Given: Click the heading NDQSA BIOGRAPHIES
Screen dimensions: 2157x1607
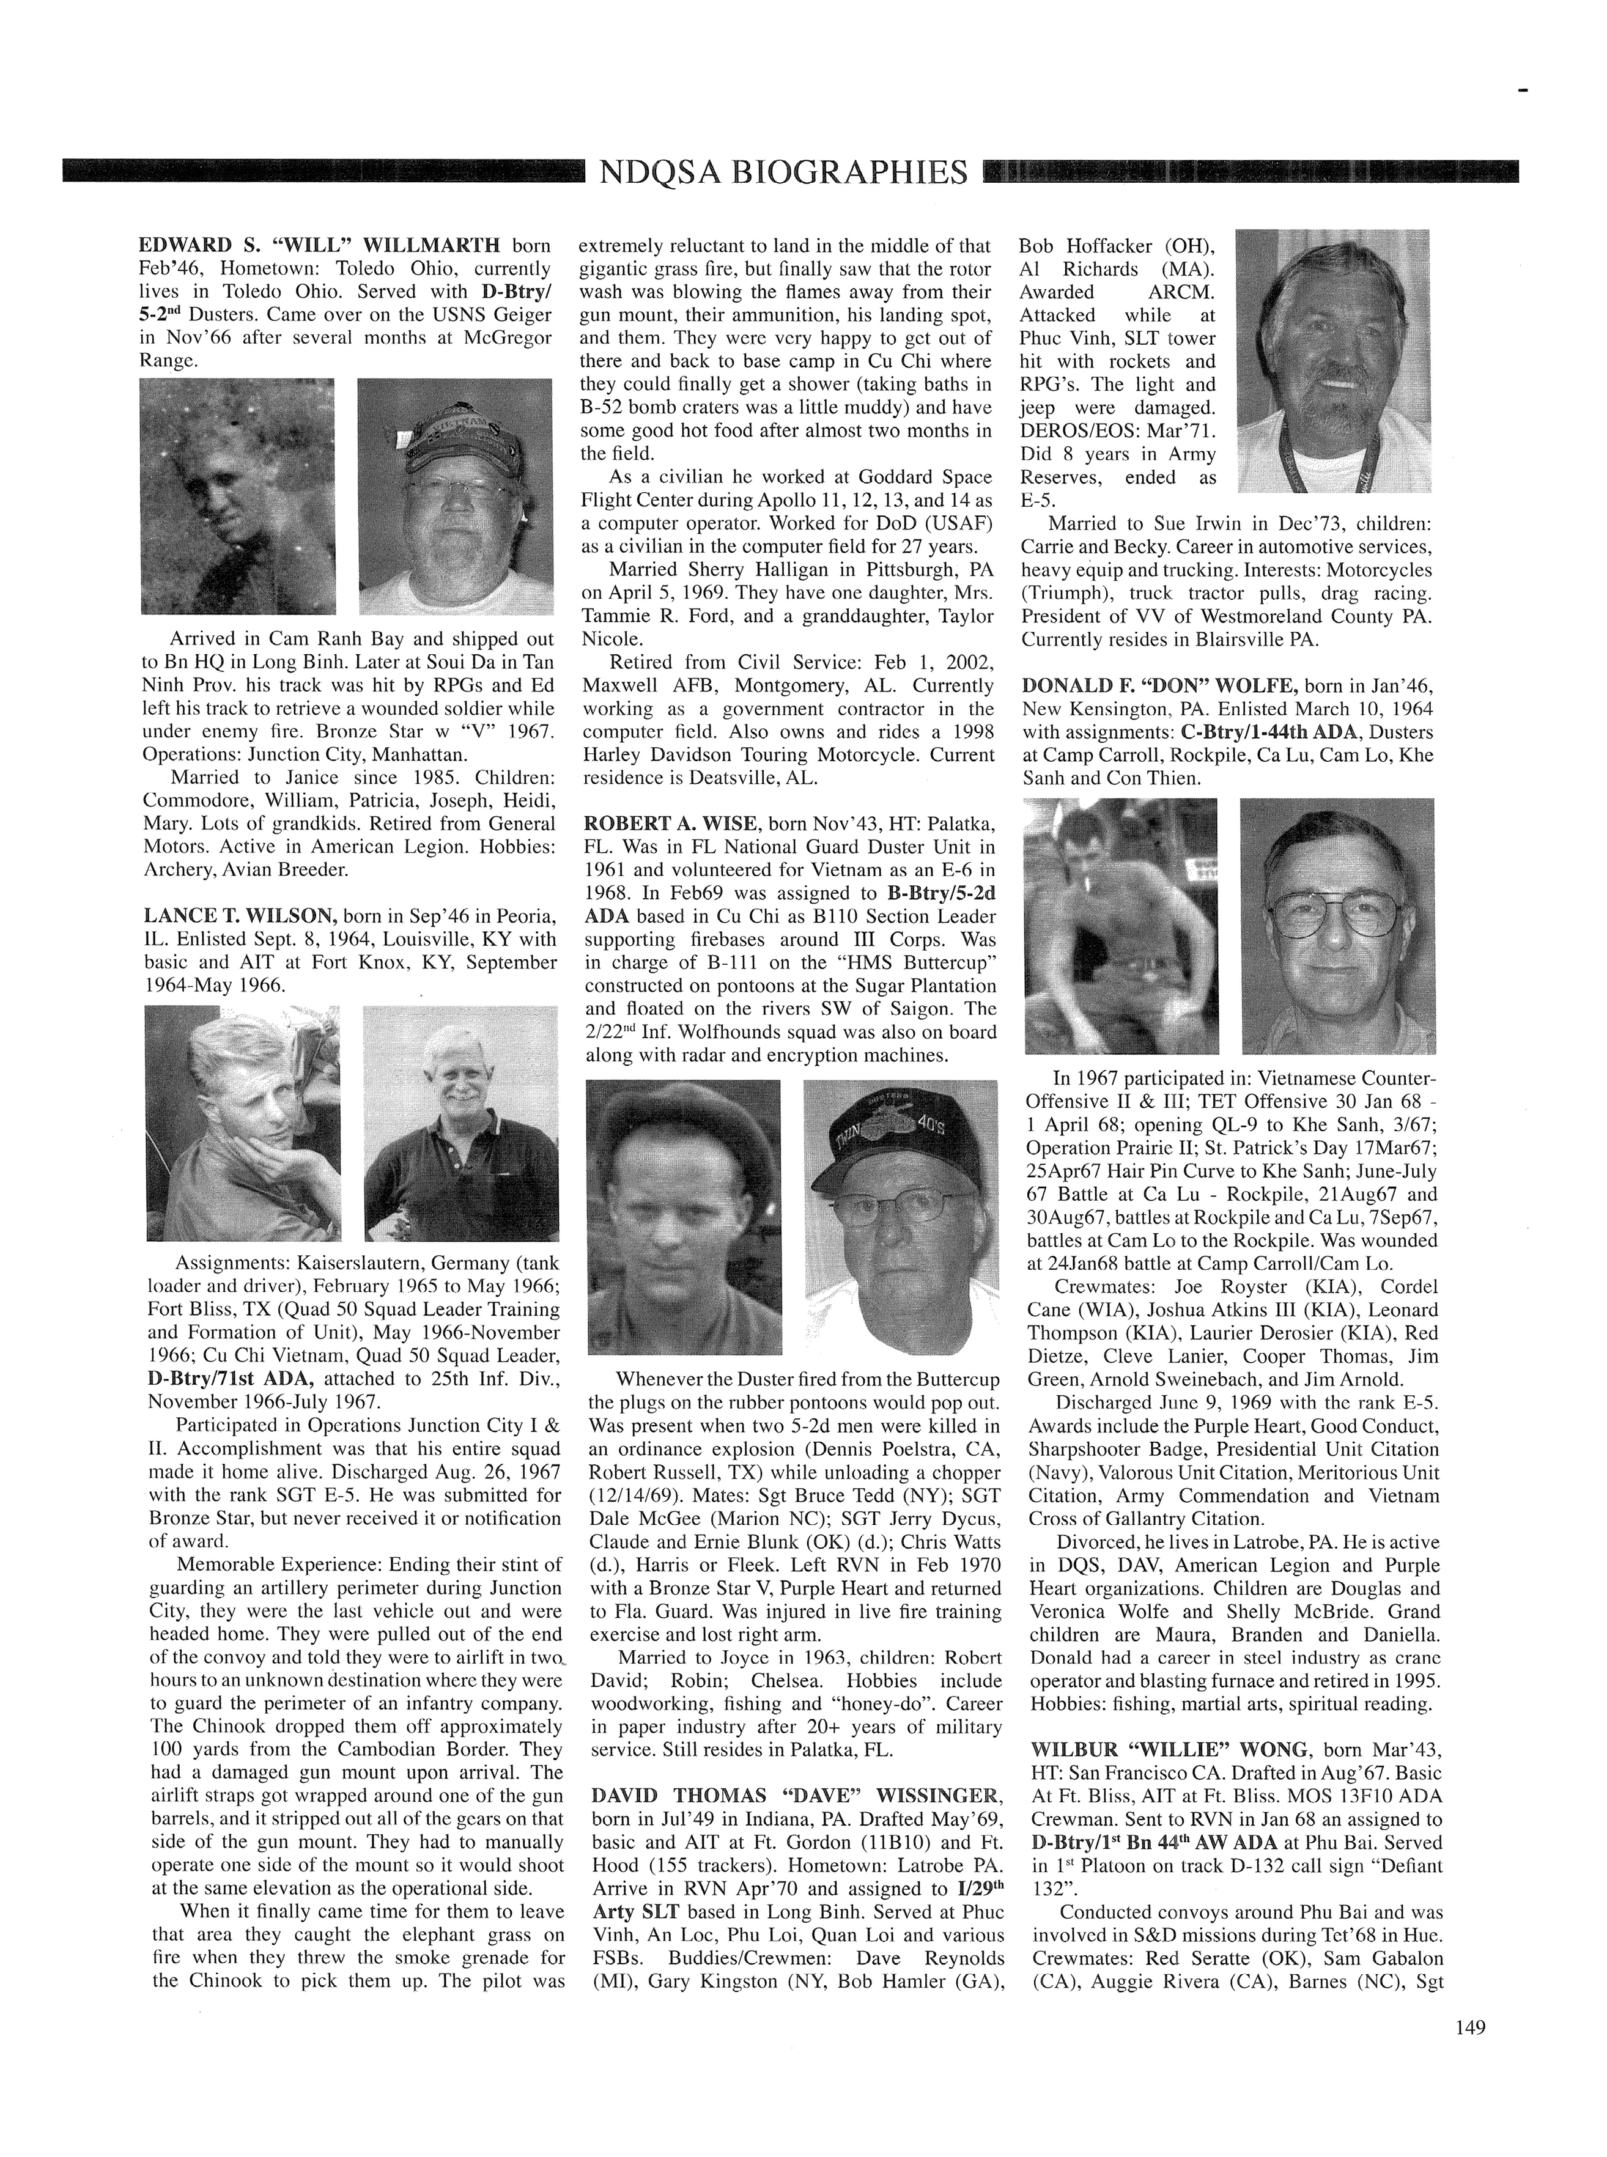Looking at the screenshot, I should click(x=783, y=172).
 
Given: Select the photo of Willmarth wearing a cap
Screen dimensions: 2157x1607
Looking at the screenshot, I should click(x=455, y=496).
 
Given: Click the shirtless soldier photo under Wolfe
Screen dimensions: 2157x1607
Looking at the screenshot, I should click(x=1121, y=925).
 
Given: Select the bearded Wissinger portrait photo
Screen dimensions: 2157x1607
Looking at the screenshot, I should click(x=1332, y=360).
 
